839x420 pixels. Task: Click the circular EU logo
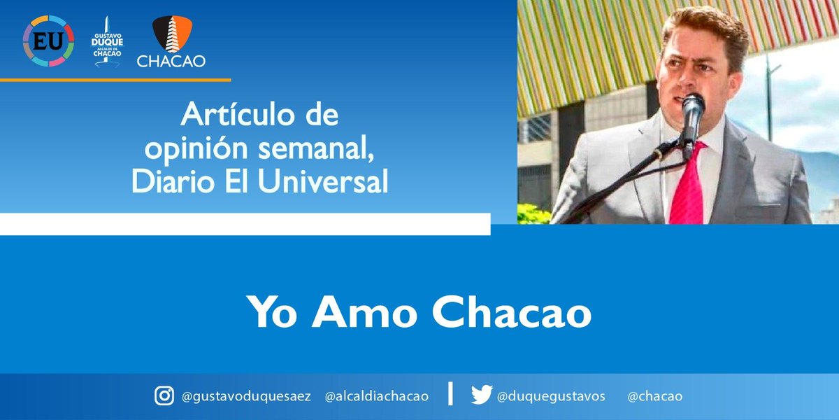[x=48, y=40]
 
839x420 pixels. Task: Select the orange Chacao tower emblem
[x=171, y=34]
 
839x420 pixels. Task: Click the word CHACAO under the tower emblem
[x=171, y=62]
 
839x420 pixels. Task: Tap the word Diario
[x=166, y=182]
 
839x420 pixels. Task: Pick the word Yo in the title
[x=268, y=312]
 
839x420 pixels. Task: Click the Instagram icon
[x=164, y=396]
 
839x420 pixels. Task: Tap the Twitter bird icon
[x=481, y=395]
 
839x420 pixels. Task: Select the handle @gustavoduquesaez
[x=245, y=397]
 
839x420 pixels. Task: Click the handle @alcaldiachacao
[x=377, y=397]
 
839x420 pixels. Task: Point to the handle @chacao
[x=655, y=397]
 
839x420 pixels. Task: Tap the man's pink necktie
[x=688, y=185]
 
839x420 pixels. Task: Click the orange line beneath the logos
[x=115, y=80]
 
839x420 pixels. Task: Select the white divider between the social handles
[x=450, y=394]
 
